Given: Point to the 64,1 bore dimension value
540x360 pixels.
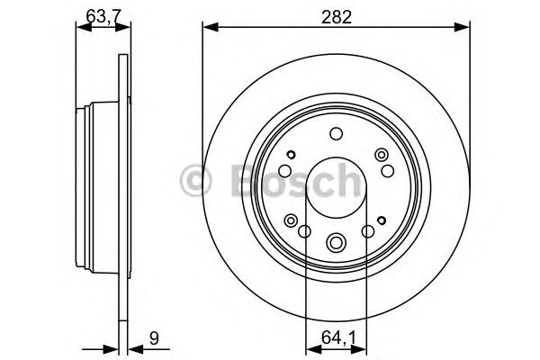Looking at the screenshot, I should click(x=337, y=339).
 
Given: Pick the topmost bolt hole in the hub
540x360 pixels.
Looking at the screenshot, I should click(x=336, y=134).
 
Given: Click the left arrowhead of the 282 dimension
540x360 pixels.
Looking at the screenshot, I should click(x=205, y=27).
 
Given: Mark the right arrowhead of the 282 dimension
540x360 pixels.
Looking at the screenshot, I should click(x=465, y=27).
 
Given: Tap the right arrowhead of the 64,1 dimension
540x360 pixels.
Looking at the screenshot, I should click(x=362, y=350).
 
